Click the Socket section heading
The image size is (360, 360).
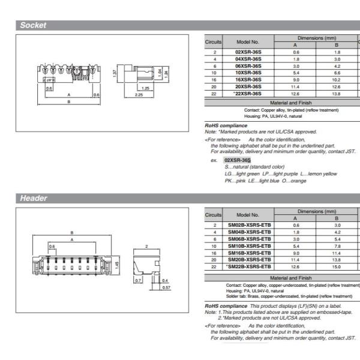(34, 25)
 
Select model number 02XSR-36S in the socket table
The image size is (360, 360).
(248, 52)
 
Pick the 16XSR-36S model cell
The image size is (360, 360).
(248, 79)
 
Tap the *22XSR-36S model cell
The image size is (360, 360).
(248, 93)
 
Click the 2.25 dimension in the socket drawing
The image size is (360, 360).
(139, 94)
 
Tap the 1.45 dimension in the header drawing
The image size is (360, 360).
(116, 264)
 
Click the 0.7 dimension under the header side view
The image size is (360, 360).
(137, 280)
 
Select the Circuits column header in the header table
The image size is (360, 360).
(214, 214)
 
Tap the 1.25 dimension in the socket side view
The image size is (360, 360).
(145, 88)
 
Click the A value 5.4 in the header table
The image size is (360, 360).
(295, 246)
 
